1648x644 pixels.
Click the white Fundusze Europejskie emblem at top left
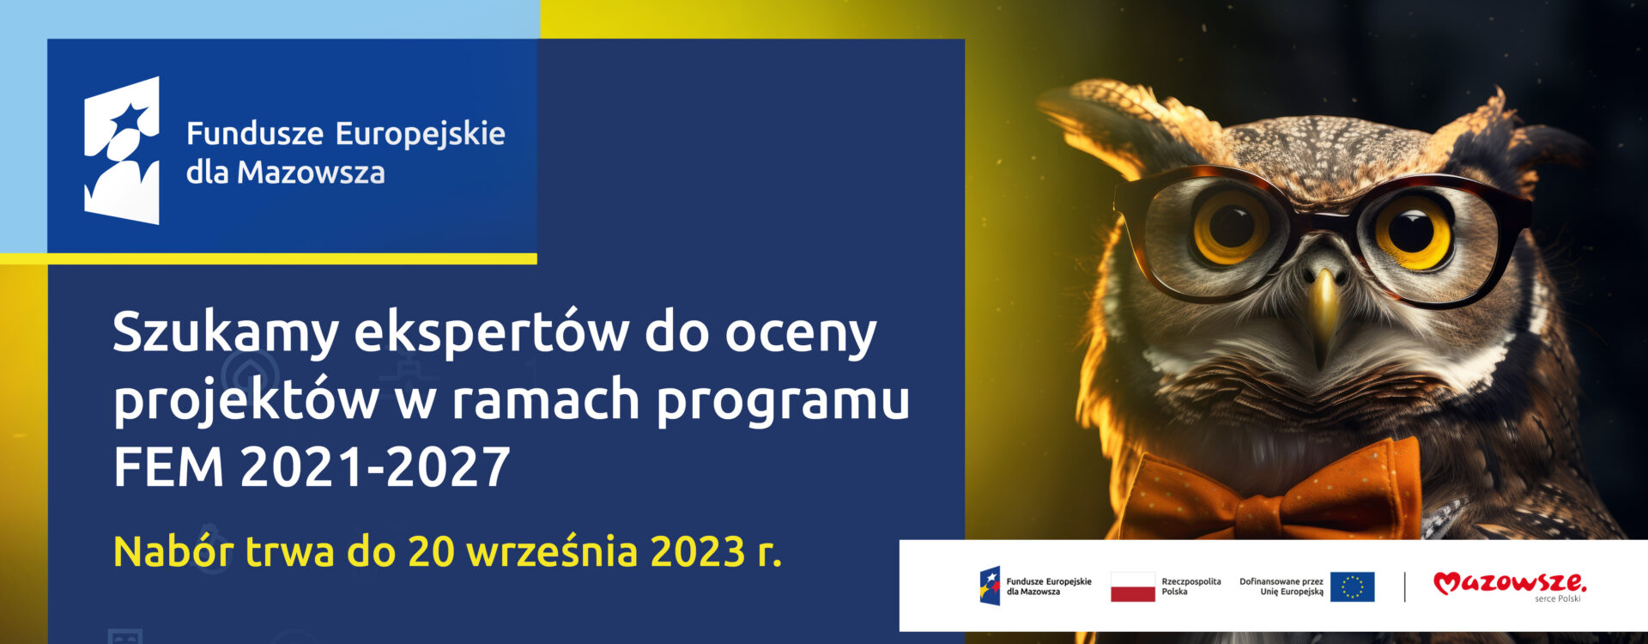click(x=122, y=150)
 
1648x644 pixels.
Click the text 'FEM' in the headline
click(x=168, y=467)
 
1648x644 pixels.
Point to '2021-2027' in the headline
click(x=375, y=467)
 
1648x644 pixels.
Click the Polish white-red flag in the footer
click(x=1132, y=586)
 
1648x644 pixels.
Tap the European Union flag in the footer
click(x=1352, y=586)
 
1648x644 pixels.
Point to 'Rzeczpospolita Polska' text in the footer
click(x=1191, y=586)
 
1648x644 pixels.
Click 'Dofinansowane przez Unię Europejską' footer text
click(x=1281, y=586)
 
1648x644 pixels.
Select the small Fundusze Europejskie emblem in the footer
click(x=991, y=586)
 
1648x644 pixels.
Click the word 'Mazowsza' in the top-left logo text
click(x=311, y=173)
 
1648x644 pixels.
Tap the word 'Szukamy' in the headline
click(x=226, y=333)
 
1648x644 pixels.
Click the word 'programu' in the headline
click(x=783, y=402)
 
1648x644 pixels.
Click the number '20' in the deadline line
click(x=431, y=552)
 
